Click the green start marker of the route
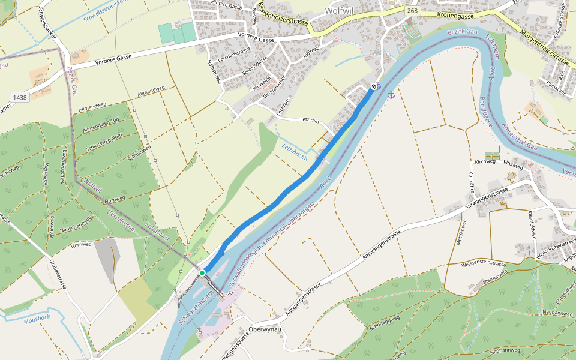(202, 273)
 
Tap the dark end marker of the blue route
(374, 87)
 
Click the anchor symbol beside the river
(391, 95)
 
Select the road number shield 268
(412, 11)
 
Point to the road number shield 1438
(19, 97)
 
